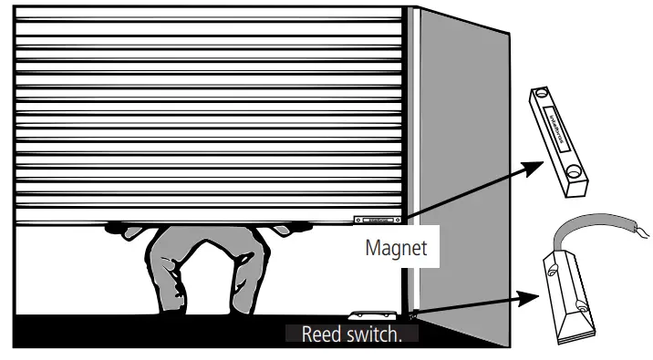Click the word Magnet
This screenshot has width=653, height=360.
point(396,248)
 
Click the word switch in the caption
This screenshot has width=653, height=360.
point(369,334)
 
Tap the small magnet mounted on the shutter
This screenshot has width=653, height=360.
point(377,220)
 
